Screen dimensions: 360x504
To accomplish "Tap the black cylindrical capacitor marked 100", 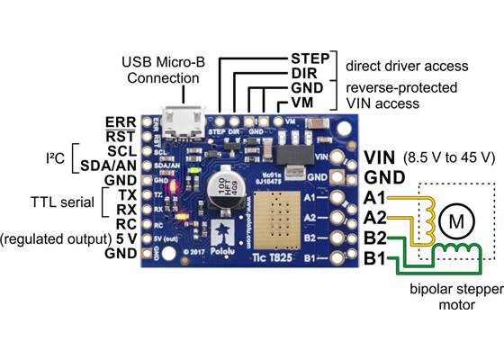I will pyautogui.click(x=219, y=190).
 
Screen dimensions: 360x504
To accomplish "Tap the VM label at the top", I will pyautogui.click(x=303, y=104).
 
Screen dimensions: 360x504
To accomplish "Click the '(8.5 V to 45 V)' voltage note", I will pyautogui.click(x=450, y=157).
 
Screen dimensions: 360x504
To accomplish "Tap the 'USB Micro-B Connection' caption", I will pyautogui.click(x=161, y=70).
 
